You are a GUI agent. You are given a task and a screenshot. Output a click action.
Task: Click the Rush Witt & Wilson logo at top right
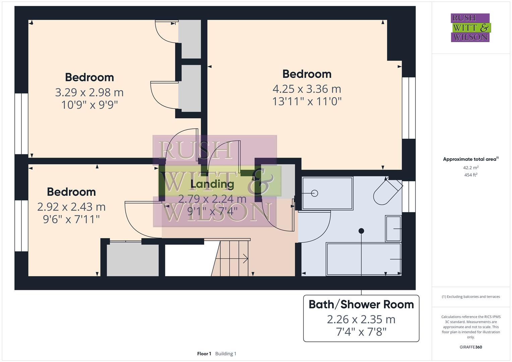(x=470, y=27)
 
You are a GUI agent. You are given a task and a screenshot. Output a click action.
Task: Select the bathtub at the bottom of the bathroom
(x=363, y=259)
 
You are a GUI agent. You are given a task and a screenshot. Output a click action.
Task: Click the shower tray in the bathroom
(x=327, y=193)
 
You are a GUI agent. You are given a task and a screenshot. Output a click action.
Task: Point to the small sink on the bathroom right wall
(x=393, y=229)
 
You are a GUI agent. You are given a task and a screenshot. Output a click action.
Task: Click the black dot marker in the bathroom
(x=361, y=231)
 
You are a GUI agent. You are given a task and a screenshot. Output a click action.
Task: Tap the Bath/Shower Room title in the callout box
(x=361, y=304)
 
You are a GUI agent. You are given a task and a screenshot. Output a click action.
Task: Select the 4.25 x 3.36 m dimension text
(x=306, y=89)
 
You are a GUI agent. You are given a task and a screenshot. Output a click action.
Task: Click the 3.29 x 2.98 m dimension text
(x=89, y=92)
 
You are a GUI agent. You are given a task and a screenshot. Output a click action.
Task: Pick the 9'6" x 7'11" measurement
(x=71, y=219)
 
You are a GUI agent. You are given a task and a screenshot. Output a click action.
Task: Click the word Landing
(x=212, y=184)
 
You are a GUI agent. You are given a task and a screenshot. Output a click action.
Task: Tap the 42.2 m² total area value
(x=470, y=168)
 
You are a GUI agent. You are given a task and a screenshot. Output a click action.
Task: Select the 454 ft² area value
(x=470, y=175)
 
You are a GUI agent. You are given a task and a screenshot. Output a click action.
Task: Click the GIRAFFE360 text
(x=470, y=347)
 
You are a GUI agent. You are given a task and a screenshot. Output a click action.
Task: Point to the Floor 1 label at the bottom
(x=204, y=354)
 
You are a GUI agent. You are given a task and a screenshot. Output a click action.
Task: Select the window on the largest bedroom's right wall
(x=408, y=108)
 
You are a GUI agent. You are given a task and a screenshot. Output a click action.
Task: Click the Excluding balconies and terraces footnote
(x=470, y=297)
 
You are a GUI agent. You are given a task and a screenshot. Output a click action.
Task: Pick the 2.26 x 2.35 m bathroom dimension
(x=361, y=319)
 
